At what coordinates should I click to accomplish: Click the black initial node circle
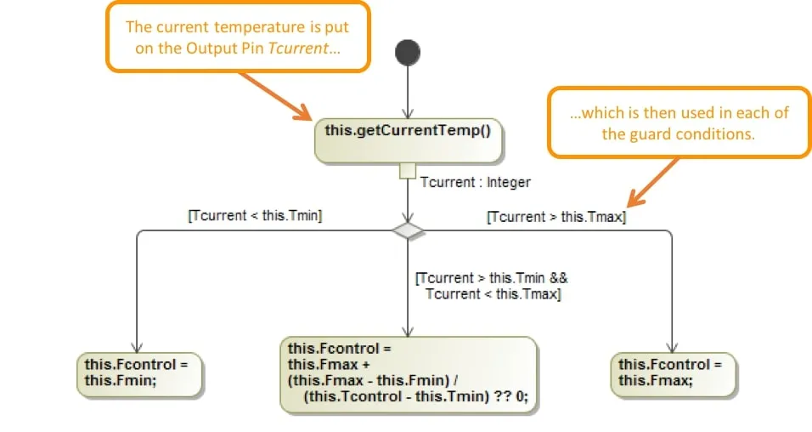(409, 53)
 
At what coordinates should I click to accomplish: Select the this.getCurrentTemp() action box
(408, 141)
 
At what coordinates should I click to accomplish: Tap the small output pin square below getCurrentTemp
(409, 172)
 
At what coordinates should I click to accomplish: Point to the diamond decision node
(409, 230)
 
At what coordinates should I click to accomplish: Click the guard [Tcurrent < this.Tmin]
(255, 216)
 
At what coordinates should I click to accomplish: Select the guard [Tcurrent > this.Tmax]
(556, 217)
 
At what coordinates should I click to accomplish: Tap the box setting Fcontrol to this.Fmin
(141, 372)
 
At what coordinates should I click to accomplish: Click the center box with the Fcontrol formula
(408, 374)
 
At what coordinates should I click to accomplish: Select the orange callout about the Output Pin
(239, 37)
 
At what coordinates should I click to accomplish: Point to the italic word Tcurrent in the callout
(297, 48)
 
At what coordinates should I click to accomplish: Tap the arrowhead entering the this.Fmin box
(137, 346)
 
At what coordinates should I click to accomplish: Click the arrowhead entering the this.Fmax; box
(673, 346)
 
